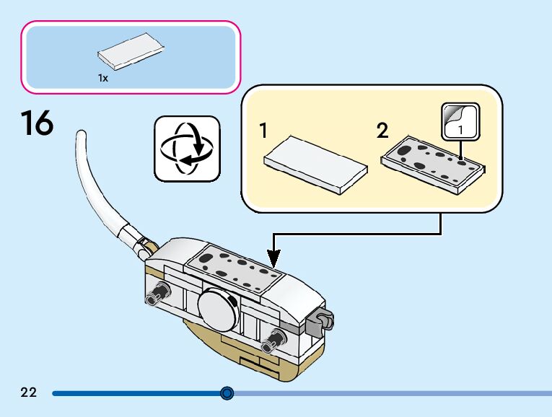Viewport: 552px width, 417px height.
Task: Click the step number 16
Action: tap(37, 123)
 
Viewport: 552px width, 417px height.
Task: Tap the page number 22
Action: tap(29, 392)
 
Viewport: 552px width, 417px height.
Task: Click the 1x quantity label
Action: tap(102, 78)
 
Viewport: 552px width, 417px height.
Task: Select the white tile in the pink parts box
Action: tap(131, 51)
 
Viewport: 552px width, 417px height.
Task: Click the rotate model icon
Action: tap(187, 149)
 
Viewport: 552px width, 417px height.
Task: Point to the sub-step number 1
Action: tap(263, 131)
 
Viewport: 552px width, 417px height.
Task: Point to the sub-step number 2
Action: tap(382, 131)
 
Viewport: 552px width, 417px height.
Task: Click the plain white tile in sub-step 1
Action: tap(316, 165)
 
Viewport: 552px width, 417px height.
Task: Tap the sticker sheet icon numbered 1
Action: tap(460, 122)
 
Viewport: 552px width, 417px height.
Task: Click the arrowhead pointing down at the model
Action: tap(273, 259)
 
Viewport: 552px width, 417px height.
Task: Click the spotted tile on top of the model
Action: tap(232, 269)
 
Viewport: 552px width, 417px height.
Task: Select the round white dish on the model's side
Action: tap(218, 310)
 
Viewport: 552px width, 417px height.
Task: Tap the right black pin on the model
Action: tap(273, 341)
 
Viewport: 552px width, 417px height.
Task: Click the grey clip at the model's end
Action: tap(320, 320)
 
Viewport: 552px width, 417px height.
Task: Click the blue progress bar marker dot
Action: tap(227, 392)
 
